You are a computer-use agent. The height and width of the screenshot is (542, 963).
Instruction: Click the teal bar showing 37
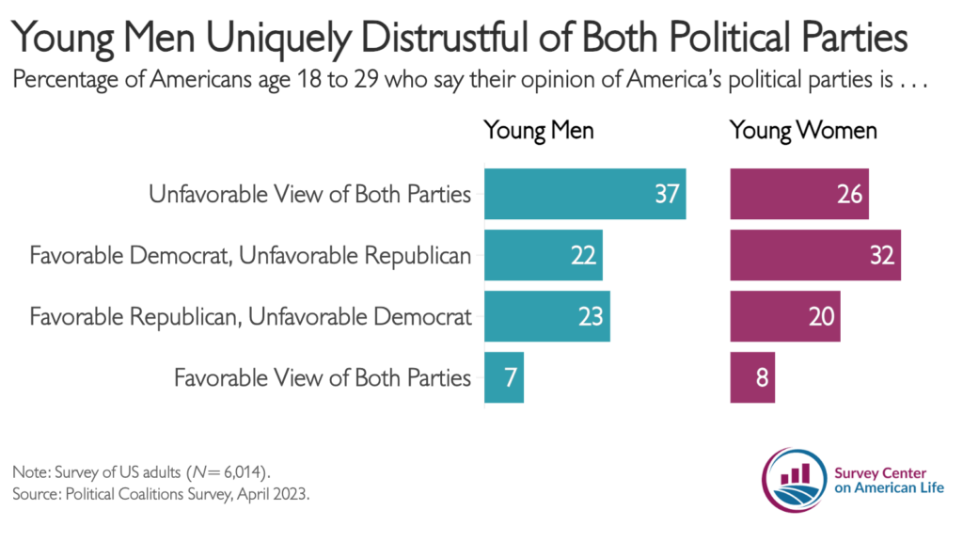click(585, 194)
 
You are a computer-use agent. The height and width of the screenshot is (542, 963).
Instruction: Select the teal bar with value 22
click(544, 255)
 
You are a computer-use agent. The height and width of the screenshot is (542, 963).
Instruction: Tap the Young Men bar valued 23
click(547, 316)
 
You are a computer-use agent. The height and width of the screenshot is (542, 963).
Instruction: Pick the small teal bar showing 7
click(504, 377)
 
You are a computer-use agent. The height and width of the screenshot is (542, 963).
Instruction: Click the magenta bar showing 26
click(799, 194)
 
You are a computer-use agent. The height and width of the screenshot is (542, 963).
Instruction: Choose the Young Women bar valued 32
click(815, 255)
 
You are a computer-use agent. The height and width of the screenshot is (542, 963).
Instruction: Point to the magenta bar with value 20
click(785, 316)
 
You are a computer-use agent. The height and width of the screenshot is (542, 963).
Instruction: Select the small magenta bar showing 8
click(752, 377)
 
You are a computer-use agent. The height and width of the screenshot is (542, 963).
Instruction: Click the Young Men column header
click(539, 131)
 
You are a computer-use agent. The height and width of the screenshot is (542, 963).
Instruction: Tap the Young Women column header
click(803, 131)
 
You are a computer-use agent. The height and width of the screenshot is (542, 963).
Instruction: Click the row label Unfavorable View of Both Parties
click(309, 194)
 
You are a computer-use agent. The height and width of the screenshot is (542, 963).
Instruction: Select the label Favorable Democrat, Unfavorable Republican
click(250, 256)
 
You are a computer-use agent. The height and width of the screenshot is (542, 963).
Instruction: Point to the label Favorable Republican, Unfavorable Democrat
click(250, 317)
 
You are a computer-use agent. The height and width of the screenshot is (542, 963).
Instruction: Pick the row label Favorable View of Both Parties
click(323, 378)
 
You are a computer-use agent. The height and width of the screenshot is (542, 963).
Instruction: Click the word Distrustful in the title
click(445, 38)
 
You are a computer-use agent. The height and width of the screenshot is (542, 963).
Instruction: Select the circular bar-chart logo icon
click(794, 480)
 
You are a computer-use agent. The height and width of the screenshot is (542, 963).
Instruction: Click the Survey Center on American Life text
click(889, 481)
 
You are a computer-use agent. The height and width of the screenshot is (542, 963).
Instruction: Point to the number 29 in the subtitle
click(366, 80)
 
